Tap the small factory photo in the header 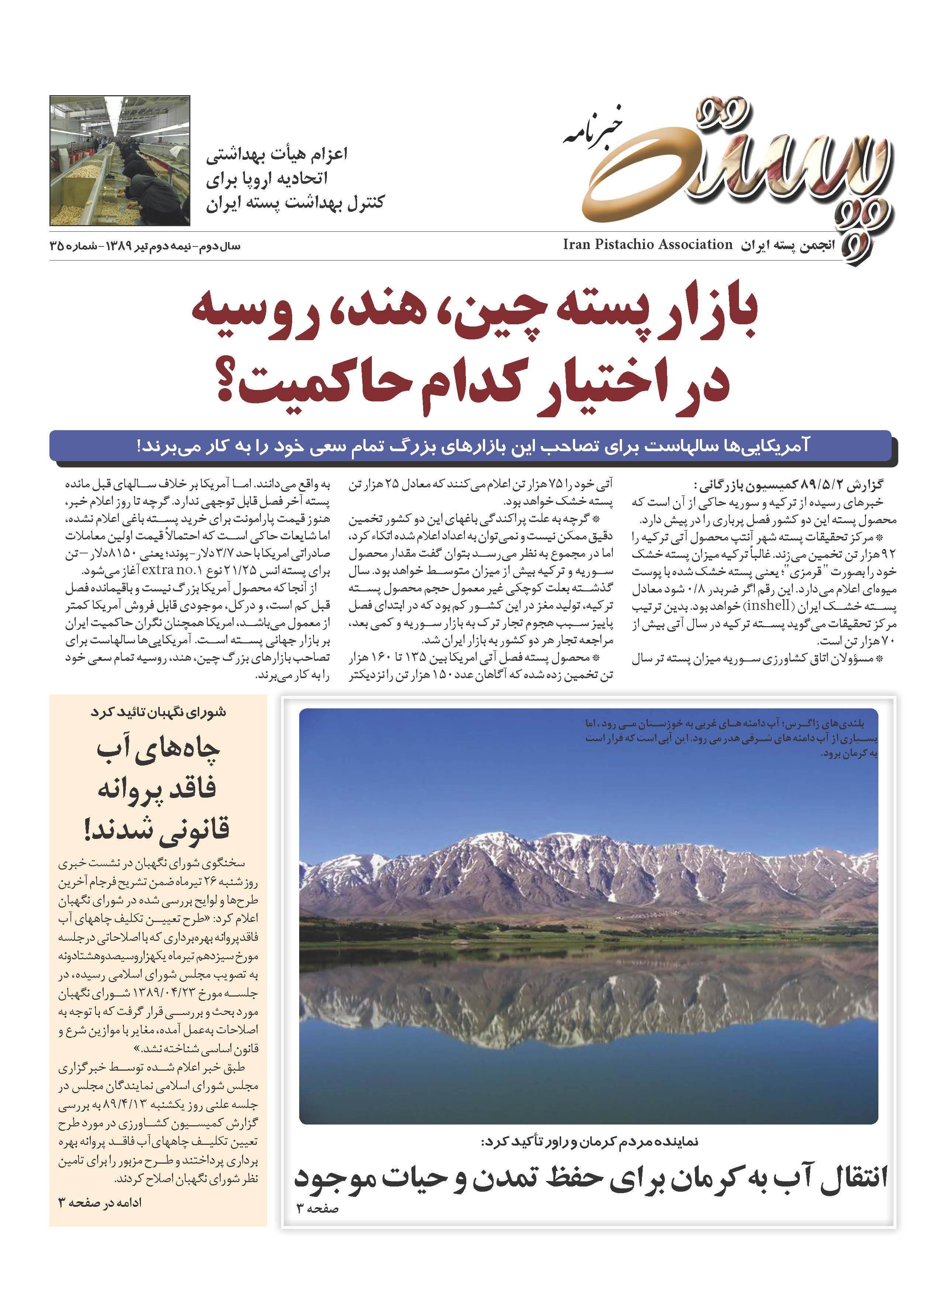coord(120,161)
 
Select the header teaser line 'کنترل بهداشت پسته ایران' coord(295,204)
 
